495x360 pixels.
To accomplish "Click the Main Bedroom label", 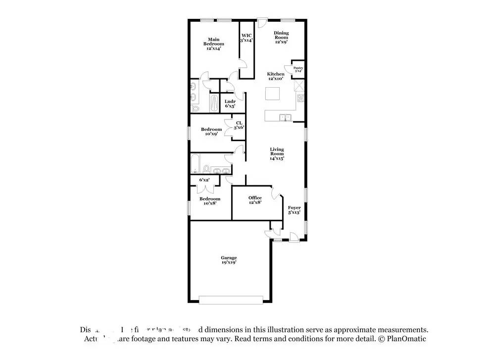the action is [213, 44].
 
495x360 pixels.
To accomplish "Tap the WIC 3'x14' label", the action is [247, 38].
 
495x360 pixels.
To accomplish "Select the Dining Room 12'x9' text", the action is [281, 38].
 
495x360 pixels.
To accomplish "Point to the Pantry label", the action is [298, 69].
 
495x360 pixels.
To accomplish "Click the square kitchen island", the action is [273, 94].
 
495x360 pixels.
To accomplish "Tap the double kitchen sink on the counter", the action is [285, 117].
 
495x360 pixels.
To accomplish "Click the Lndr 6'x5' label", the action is [230, 103].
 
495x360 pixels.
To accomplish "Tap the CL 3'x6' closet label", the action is [239, 125].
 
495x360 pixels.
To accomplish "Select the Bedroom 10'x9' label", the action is [211, 131].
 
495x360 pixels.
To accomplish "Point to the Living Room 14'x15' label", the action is [277, 154].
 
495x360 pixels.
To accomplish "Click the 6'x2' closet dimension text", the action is [204, 180].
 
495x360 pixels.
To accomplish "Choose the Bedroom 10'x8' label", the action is [210, 201].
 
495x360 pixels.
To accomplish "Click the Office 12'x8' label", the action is [255, 200].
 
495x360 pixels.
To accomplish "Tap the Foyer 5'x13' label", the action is [294, 210].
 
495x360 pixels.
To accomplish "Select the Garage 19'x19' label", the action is [229, 260].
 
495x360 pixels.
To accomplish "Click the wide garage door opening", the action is [231, 299].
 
